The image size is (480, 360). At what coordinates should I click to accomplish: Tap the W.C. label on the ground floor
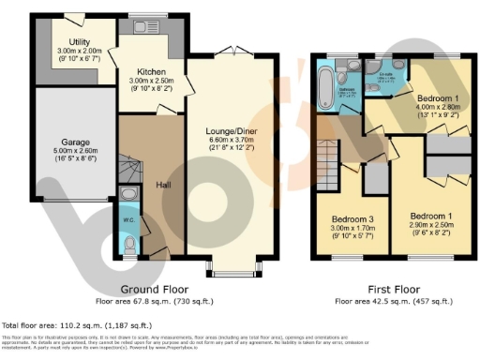[x=130, y=222]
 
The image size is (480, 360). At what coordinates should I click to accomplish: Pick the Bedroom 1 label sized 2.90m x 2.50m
[x=428, y=215]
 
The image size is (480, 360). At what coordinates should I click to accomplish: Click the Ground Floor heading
[x=157, y=290]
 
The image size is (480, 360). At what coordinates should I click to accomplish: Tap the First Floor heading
[x=396, y=290]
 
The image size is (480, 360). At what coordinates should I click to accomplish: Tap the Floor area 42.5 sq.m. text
[x=396, y=301]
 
